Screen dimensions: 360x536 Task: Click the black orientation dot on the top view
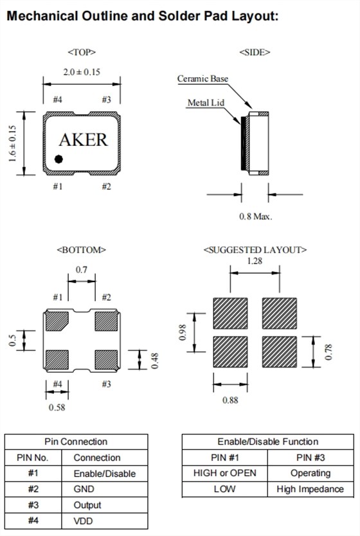click(x=59, y=159)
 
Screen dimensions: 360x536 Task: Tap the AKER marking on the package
click(x=83, y=139)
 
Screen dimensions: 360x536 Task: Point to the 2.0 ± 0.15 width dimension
click(x=82, y=72)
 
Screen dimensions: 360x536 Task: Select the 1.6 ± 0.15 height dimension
click(x=12, y=143)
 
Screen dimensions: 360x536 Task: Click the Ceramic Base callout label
click(x=203, y=78)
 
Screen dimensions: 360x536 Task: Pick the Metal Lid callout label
click(x=206, y=103)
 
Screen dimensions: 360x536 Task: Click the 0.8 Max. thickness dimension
click(x=255, y=217)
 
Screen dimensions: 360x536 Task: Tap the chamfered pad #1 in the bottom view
click(x=57, y=321)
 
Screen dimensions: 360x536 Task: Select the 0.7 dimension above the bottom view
click(x=82, y=270)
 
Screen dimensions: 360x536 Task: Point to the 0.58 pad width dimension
click(x=57, y=407)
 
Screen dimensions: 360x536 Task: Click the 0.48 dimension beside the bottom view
click(x=154, y=361)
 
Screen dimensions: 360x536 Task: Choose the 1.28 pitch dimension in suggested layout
click(x=255, y=261)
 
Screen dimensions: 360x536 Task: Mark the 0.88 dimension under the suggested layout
click(x=230, y=400)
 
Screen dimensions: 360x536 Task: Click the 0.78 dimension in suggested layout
click(x=328, y=352)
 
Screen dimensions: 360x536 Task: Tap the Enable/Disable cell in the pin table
click(x=105, y=474)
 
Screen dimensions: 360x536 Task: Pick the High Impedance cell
click(x=310, y=489)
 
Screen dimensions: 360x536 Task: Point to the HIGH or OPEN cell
click(x=224, y=473)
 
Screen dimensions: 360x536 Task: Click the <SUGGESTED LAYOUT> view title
click(x=255, y=250)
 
